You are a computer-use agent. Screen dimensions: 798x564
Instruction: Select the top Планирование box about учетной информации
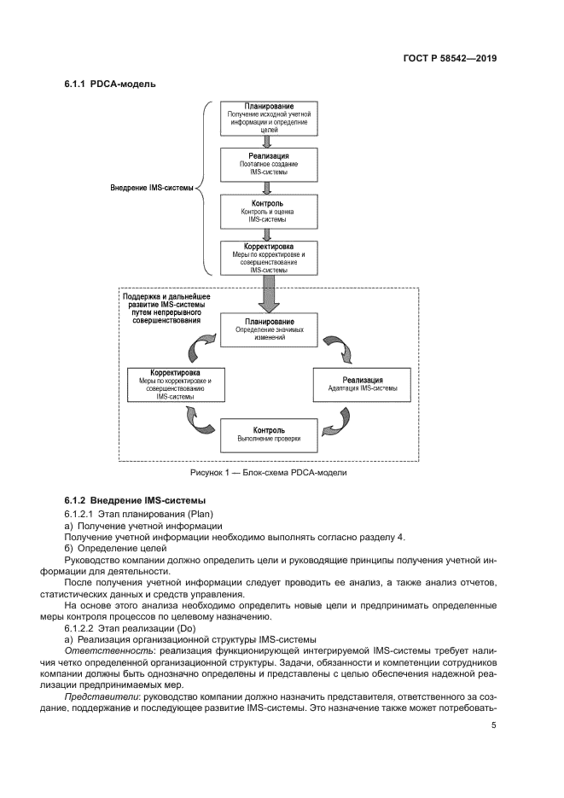(269, 118)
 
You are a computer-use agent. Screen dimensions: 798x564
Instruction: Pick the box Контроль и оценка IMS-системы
(269, 211)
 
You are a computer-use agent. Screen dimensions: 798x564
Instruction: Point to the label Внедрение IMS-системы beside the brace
(152, 189)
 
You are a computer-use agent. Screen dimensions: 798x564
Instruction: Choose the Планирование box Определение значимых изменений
(269, 329)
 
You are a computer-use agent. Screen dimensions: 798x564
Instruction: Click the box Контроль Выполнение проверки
(269, 434)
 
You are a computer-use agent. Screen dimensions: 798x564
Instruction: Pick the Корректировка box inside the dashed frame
(175, 384)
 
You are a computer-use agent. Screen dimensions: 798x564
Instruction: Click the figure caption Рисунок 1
(269, 472)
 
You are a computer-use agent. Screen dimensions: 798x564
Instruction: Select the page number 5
(494, 726)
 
